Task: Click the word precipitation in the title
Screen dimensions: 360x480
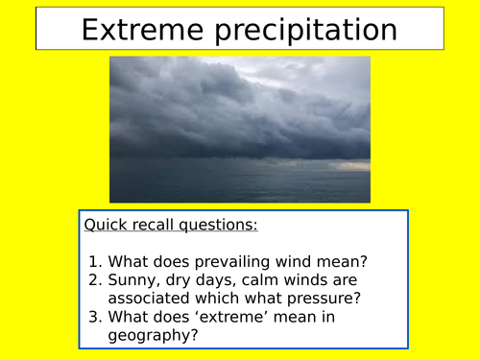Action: coord(307,31)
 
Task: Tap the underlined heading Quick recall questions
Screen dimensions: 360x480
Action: coord(171,226)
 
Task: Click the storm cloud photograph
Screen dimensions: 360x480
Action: coord(239,129)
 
